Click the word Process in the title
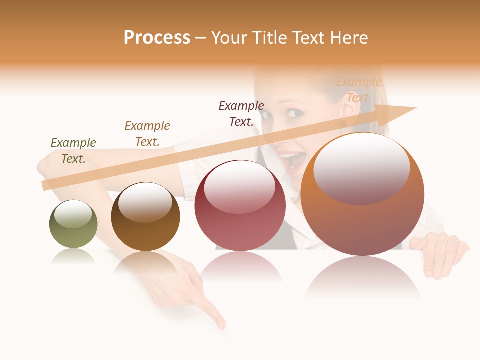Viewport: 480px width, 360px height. (x=157, y=38)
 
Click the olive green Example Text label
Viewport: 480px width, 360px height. (x=73, y=151)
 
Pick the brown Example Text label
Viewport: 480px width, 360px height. (x=147, y=134)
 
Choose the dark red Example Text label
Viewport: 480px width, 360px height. (x=241, y=114)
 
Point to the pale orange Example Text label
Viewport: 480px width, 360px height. (x=359, y=90)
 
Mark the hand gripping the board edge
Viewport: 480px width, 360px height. (x=440, y=252)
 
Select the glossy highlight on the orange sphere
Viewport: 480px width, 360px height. (x=362, y=169)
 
